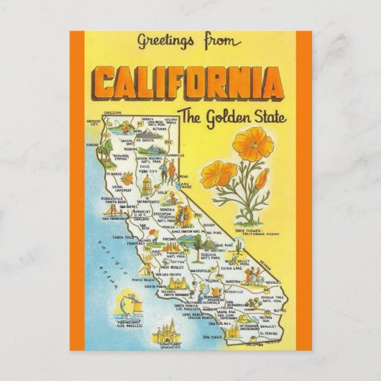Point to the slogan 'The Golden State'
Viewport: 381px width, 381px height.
pyautogui.click(x=228, y=114)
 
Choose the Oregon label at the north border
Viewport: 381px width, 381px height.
pyautogui.click(x=112, y=113)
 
